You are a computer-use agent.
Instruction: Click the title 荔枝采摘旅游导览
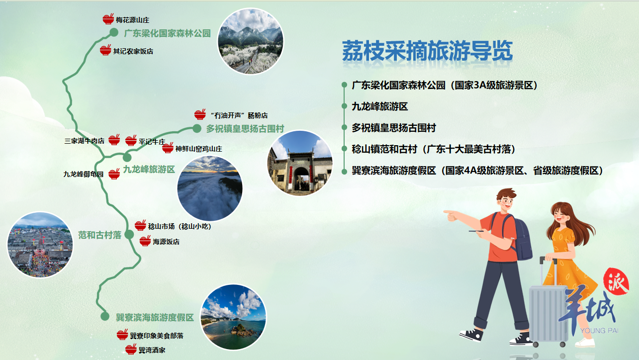[x=427, y=51]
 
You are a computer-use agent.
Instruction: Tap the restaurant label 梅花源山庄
[x=133, y=20]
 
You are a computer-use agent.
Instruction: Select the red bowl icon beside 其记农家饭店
[x=105, y=50]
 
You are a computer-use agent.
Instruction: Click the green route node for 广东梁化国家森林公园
[x=114, y=32]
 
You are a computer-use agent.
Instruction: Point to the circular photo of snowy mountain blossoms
[x=251, y=41]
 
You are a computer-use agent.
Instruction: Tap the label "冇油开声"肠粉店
[x=239, y=115]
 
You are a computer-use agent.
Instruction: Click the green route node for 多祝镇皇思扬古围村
[x=197, y=128]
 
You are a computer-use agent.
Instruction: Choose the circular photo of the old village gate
[x=300, y=163]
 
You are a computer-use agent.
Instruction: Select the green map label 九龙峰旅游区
[x=149, y=169]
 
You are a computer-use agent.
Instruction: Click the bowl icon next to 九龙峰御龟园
[x=114, y=174]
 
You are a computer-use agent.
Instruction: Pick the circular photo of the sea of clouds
[x=210, y=188]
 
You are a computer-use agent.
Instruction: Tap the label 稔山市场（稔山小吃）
[x=180, y=226]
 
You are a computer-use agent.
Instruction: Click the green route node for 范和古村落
[x=129, y=235]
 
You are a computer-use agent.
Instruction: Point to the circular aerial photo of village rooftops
[x=40, y=245]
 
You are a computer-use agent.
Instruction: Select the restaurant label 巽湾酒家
[x=152, y=350]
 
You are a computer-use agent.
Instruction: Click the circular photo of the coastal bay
[x=233, y=317]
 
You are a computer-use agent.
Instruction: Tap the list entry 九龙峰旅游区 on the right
[x=380, y=106]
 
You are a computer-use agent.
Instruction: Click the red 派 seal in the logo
[x=616, y=281]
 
